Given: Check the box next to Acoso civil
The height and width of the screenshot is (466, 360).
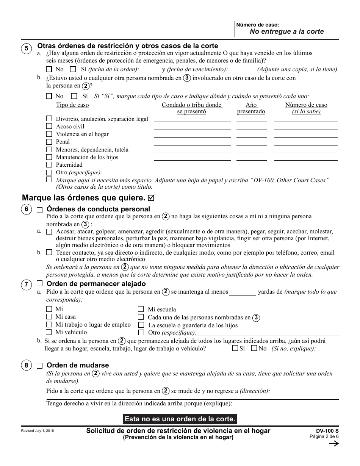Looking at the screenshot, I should tap(49, 126).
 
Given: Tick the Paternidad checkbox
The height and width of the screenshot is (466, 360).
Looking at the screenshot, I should tap(49, 164).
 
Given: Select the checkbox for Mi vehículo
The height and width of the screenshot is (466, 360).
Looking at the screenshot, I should tap(49, 332).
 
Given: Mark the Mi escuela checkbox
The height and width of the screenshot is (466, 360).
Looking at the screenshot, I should tap(141, 309).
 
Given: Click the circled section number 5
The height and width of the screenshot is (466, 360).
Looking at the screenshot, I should tap(26, 48).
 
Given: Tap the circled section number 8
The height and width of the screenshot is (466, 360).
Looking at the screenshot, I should tap(26, 366).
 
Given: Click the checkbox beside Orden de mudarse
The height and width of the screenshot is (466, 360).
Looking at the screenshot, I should tap(39, 366).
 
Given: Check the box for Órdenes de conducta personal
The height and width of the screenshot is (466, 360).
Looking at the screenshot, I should tap(39, 210).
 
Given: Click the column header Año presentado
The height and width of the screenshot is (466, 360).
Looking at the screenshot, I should tap(251, 108).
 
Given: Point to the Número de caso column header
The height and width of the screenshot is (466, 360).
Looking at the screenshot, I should tap(306, 108).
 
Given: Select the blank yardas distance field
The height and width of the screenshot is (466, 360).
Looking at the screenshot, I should tap(243, 292).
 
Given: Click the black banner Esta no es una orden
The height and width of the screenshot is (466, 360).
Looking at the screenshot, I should tap(180, 419).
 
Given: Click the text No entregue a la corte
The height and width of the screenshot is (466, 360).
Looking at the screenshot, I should tap(286, 31).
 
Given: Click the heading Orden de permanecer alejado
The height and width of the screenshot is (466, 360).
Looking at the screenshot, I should tap(96, 284).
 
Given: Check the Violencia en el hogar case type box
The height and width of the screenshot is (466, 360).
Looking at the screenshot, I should tap(49, 134).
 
